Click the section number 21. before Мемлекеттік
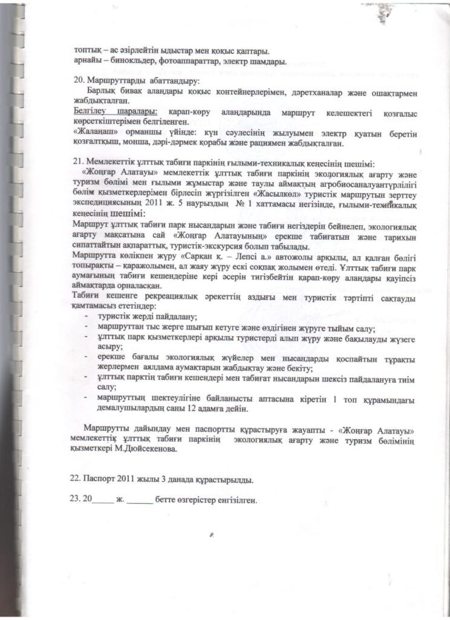click(77, 162)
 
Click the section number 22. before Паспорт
click(77, 480)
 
